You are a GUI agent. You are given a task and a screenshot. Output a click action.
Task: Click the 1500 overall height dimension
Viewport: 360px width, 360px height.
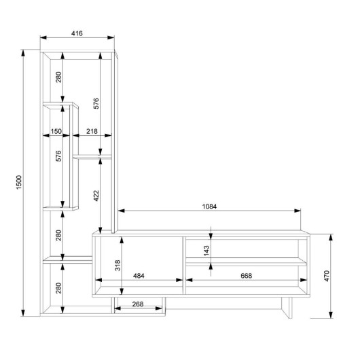tap(19, 182)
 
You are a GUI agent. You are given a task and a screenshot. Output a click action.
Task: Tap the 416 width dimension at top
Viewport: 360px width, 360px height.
tap(77, 33)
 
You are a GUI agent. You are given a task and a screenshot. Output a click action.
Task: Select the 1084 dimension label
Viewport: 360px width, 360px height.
tap(209, 206)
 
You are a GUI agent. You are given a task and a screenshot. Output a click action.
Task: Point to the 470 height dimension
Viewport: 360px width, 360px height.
tap(327, 276)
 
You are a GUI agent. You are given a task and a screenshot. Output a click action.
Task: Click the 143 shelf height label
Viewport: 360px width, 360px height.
tap(206, 251)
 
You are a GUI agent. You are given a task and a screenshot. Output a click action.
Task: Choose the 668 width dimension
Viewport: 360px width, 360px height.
tap(246, 276)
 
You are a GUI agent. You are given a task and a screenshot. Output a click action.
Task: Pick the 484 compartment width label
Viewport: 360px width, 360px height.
tap(139, 276)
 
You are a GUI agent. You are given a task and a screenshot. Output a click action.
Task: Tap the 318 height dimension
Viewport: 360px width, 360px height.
tap(118, 266)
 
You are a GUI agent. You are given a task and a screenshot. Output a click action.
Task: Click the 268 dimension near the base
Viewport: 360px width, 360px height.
tap(138, 304)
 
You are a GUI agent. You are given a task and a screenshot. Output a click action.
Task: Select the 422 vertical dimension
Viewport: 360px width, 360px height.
tap(96, 196)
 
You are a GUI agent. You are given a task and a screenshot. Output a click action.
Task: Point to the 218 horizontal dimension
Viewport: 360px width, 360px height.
tap(92, 131)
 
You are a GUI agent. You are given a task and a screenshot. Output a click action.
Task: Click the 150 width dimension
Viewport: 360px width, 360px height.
tap(56, 131)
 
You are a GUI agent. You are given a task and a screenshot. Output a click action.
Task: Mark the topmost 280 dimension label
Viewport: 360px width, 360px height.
tap(58, 77)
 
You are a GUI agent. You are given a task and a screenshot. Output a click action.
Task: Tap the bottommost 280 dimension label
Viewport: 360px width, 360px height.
tap(58, 288)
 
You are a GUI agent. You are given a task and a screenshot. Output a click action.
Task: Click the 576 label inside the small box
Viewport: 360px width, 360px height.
tap(58, 156)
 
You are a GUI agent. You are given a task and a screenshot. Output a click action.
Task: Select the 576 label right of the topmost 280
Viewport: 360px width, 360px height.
tap(96, 103)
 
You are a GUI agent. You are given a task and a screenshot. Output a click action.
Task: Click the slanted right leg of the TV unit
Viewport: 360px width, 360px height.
tap(287, 308)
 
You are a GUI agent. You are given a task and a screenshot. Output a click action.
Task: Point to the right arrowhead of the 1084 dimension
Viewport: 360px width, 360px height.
tap(298, 211)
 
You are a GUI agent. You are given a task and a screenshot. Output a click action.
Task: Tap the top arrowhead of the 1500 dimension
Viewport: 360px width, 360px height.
tap(22, 53)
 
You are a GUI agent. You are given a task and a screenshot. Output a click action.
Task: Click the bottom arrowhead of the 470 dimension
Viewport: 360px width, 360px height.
tap(331, 314)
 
